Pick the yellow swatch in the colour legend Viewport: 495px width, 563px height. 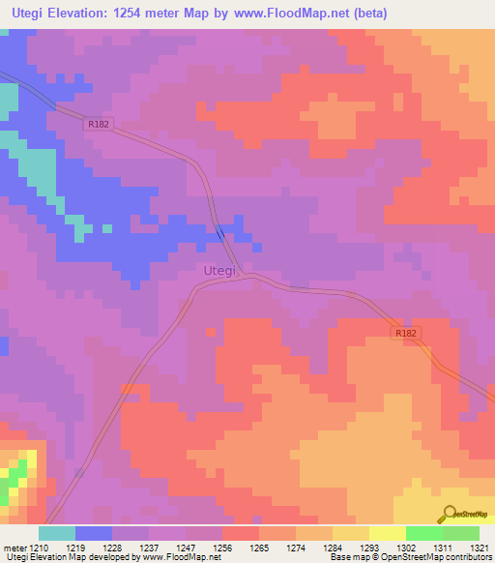tap(387, 532)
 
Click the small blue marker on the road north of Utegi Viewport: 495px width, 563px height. tap(220, 232)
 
